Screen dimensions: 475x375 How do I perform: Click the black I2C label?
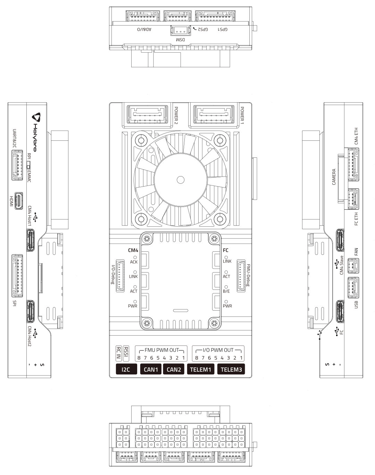point(126,369)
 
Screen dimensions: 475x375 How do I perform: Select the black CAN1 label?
point(151,369)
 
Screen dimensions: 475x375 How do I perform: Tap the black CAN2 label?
point(174,369)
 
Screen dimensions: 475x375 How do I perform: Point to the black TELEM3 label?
point(231,369)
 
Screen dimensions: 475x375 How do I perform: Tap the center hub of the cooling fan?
point(180,179)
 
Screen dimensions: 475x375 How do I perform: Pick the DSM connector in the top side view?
point(180,31)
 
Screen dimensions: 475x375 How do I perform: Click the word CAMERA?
point(334,177)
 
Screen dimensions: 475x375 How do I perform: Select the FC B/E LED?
point(226,287)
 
